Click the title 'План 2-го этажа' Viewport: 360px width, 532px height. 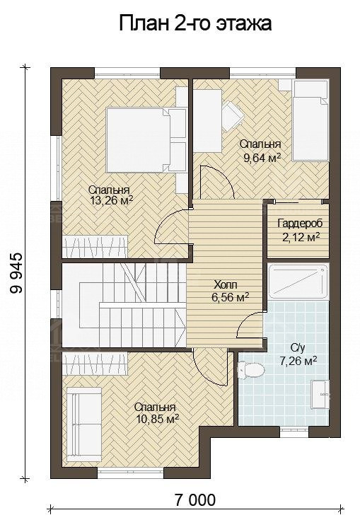195,24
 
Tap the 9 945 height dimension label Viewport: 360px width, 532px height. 16,273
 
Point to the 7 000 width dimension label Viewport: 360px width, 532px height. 195,499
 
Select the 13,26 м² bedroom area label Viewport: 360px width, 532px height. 110,195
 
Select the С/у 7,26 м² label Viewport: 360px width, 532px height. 298,354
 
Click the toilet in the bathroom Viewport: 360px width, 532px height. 251,371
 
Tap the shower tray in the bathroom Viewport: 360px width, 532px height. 298,282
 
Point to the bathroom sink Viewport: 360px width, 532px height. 320,394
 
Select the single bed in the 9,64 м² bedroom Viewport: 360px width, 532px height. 310,120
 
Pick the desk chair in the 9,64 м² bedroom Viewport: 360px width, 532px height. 233,115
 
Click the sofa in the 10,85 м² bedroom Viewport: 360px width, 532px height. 83,424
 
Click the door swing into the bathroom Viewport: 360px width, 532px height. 250,324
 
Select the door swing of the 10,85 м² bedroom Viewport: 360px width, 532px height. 210,370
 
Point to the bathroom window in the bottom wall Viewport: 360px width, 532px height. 294,432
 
